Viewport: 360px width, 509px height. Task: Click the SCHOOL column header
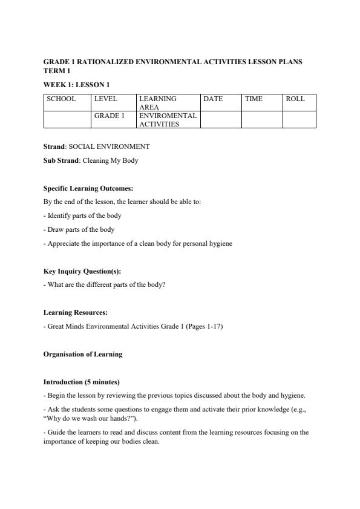tap(61, 99)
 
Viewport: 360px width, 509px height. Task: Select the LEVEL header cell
tap(105, 99)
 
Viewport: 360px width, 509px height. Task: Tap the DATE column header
tap(213, 99)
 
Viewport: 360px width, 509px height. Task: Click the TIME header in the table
tap(254, 99)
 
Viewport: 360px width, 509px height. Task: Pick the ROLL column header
tap(295, 99)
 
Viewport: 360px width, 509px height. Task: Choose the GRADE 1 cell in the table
tap(109, 116)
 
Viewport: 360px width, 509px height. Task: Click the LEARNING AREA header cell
tap(158, 102)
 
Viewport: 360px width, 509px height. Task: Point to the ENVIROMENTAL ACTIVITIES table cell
tap(168, 119)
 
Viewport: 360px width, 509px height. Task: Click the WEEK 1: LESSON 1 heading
tap(76, 84)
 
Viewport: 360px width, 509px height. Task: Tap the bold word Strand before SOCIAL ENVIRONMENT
tap(54, 146)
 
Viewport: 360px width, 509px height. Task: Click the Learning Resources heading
tap(76, 312)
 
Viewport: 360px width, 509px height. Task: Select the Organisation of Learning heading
tap(83, 354)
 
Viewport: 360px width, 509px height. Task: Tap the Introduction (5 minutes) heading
tap(82, 383)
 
